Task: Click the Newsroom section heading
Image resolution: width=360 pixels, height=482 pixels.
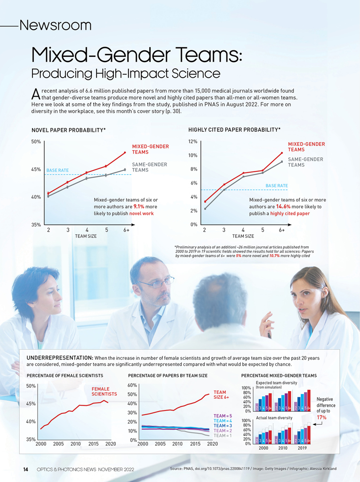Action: [55, 25]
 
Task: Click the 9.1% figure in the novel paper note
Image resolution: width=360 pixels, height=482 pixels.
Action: [139, 206]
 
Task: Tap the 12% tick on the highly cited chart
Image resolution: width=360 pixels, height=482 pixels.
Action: [192, 141]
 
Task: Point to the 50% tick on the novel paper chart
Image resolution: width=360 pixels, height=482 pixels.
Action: [36, 141]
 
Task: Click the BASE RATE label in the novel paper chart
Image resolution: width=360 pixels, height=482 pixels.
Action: [57, 170]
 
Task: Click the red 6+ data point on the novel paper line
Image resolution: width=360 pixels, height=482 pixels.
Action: [125, 153]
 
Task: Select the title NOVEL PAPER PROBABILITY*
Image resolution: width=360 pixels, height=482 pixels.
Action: [68, 129]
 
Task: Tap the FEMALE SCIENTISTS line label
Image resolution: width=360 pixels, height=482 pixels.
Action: [104, 392]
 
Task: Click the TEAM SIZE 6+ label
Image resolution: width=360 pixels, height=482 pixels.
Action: [221, 394]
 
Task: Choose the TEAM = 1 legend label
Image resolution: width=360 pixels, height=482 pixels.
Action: [223, 435]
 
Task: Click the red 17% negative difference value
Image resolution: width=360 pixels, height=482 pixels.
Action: [322, 418]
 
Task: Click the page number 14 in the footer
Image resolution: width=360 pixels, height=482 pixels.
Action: [26, 469]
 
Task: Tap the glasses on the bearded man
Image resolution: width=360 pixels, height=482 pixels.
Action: [156, 283]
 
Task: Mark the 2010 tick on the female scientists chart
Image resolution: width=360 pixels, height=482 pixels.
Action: [75, 443]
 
